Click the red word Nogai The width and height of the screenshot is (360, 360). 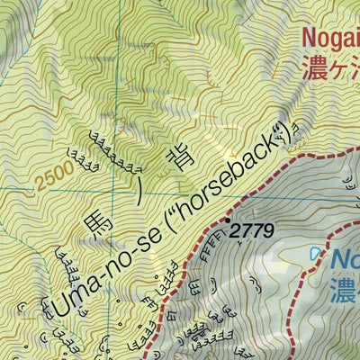click(x=331, y=39)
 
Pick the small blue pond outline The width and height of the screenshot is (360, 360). click(x=314, y=256)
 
